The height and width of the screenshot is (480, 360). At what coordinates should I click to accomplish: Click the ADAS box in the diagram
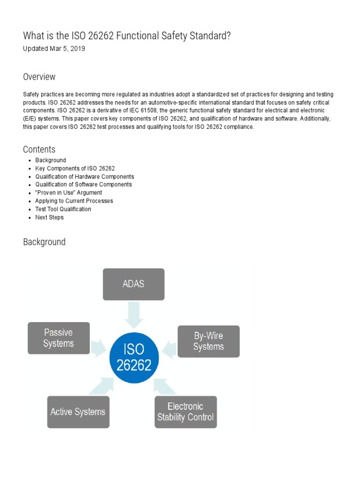134,284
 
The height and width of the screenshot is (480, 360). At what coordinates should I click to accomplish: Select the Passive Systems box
59,337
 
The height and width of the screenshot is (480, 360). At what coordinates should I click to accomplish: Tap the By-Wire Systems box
209,341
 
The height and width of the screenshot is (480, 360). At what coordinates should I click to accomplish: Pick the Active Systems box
78,412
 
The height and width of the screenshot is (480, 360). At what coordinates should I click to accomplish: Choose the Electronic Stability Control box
186,412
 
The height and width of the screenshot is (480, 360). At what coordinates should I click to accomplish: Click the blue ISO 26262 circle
134,357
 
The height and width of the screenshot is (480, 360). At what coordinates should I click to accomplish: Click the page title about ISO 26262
127,36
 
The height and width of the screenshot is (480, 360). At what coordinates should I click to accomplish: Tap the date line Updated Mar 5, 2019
54,49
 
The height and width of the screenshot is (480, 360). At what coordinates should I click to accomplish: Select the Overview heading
39,77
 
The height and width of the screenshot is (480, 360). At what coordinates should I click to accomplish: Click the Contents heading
39,150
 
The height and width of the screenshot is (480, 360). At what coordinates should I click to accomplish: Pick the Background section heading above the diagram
45,242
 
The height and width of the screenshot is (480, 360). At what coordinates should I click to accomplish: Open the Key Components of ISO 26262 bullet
75,168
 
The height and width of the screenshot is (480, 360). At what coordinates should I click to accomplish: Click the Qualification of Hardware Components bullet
84,177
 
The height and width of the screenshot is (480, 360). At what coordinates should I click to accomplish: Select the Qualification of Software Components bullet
83,185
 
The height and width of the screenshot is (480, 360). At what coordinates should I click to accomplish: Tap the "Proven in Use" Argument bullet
68,193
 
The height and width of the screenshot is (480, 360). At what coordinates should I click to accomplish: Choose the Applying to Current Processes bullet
74,201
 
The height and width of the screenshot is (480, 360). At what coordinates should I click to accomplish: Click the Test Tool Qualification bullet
63,209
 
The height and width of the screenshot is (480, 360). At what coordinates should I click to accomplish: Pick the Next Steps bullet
49,217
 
